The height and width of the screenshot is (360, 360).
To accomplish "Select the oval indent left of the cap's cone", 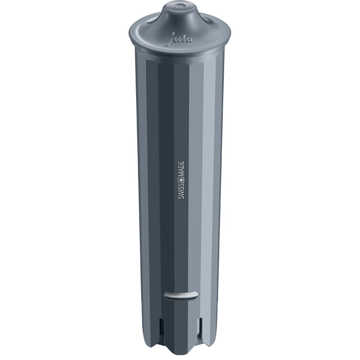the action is click(152, 21).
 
